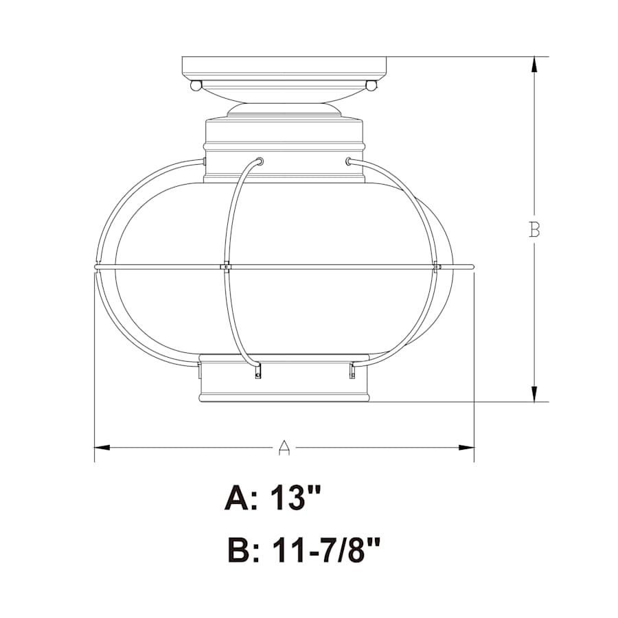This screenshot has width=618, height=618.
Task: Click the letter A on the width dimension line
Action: (x=284, y=448)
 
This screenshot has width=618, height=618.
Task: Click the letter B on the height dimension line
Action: (x=534, y=229)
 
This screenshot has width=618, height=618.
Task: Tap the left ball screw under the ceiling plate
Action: (x=196, y=86)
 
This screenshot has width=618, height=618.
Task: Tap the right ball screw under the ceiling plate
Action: (x=371, y=86)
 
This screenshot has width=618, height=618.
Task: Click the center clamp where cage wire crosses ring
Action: (x=225, y=266)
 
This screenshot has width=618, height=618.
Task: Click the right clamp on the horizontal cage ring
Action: (x=437, y=266)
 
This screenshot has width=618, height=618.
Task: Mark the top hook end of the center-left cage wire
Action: (x=260, y=161)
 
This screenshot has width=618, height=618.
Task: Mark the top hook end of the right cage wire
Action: (x=349, y=161)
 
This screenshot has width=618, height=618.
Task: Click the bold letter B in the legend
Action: (x=240, y=551)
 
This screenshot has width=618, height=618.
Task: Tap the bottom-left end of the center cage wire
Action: (x=258, y=371)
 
